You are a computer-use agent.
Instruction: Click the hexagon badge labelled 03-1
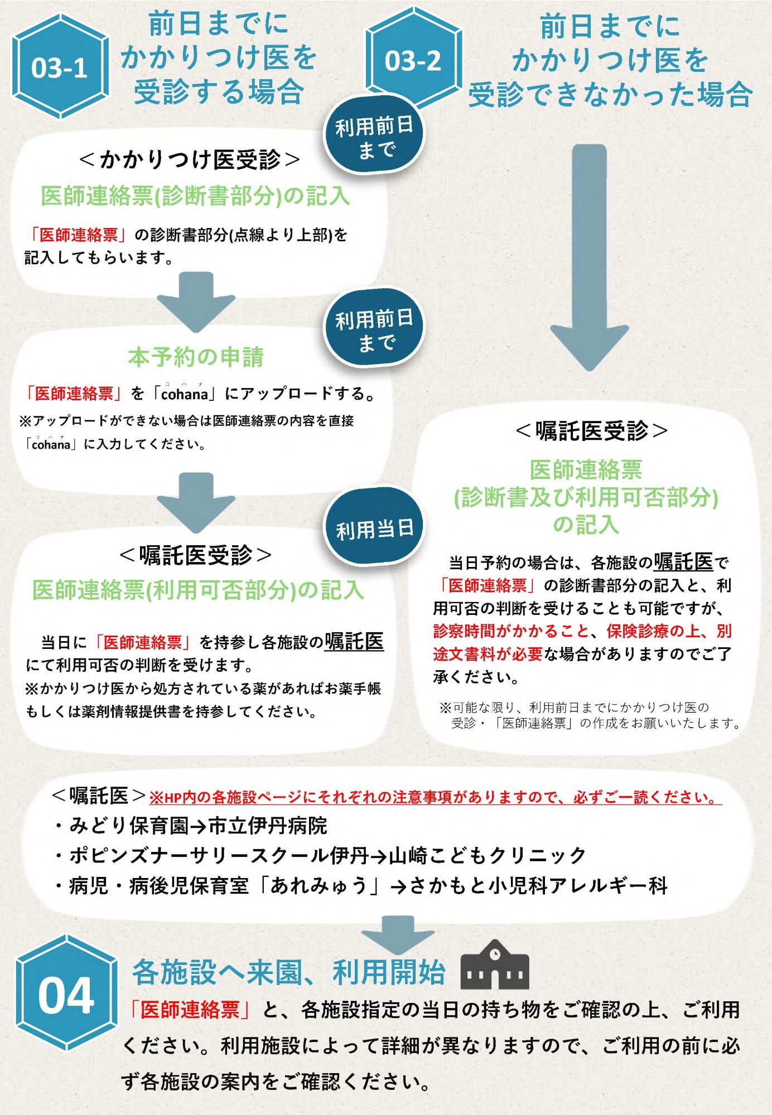tap(59, 68)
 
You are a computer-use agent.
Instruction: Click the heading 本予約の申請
tap(196, 357)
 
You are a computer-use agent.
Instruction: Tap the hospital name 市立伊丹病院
tap(268, 826)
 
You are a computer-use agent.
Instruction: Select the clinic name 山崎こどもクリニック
tap(488, 856)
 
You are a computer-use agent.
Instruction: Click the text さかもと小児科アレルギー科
tap(539, 886)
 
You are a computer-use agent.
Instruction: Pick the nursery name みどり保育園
tap(129, 826)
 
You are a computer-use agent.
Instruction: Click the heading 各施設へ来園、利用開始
tap(289, 972)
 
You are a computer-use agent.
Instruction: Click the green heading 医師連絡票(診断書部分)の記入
tap(195, 196)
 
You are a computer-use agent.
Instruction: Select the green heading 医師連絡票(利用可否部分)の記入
tap(198, 590)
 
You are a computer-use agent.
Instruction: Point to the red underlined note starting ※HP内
tap(435, 798)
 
